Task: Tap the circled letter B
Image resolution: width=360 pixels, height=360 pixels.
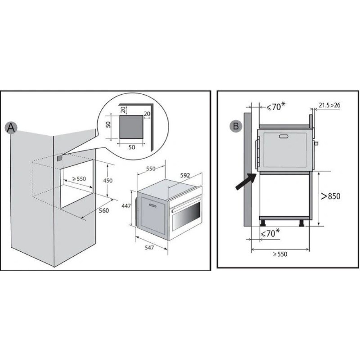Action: coord(236,126)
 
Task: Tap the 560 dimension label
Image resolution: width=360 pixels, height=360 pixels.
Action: coord(104,211)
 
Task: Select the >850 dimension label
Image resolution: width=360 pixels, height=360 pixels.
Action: coord(330,196)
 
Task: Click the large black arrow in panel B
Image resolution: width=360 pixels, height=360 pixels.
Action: coord(245,181)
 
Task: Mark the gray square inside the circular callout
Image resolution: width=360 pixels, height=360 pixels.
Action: coord(131,127)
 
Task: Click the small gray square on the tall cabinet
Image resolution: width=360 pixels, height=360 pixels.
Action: coord(59,158)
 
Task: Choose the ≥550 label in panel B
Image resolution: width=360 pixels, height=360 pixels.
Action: coord(280,254)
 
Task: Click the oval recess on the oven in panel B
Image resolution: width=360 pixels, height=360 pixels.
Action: coord(284,136)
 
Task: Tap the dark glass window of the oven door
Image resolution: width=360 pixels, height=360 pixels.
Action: coord(186,216)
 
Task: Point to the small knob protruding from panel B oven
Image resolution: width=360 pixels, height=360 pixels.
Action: coord(316,143)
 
